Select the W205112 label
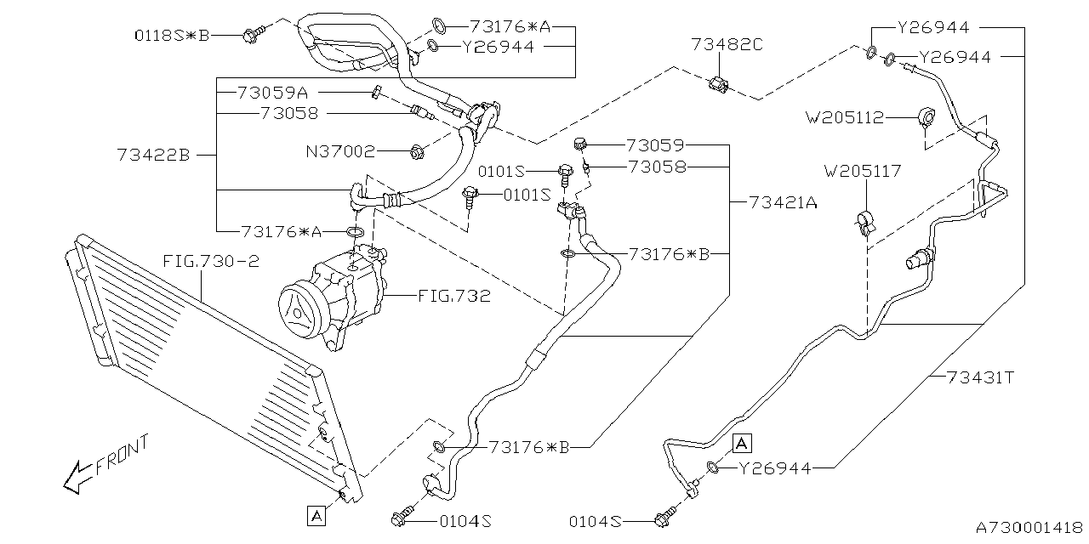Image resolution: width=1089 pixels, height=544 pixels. (846, 117)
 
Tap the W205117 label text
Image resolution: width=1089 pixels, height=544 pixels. (862, 172)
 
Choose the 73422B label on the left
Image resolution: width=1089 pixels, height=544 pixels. (154, 155)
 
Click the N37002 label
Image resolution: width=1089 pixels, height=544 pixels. (340, 152)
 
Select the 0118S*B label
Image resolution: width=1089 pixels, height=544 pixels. (172, 35)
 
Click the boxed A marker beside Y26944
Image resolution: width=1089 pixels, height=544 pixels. (742, 442)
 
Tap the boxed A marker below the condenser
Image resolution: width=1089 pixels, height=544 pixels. (316, 514)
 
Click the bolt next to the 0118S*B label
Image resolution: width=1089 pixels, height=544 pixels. (253, 35)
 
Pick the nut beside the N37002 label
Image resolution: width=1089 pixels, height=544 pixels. (417, 152)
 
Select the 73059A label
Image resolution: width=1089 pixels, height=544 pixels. (271, 91)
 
